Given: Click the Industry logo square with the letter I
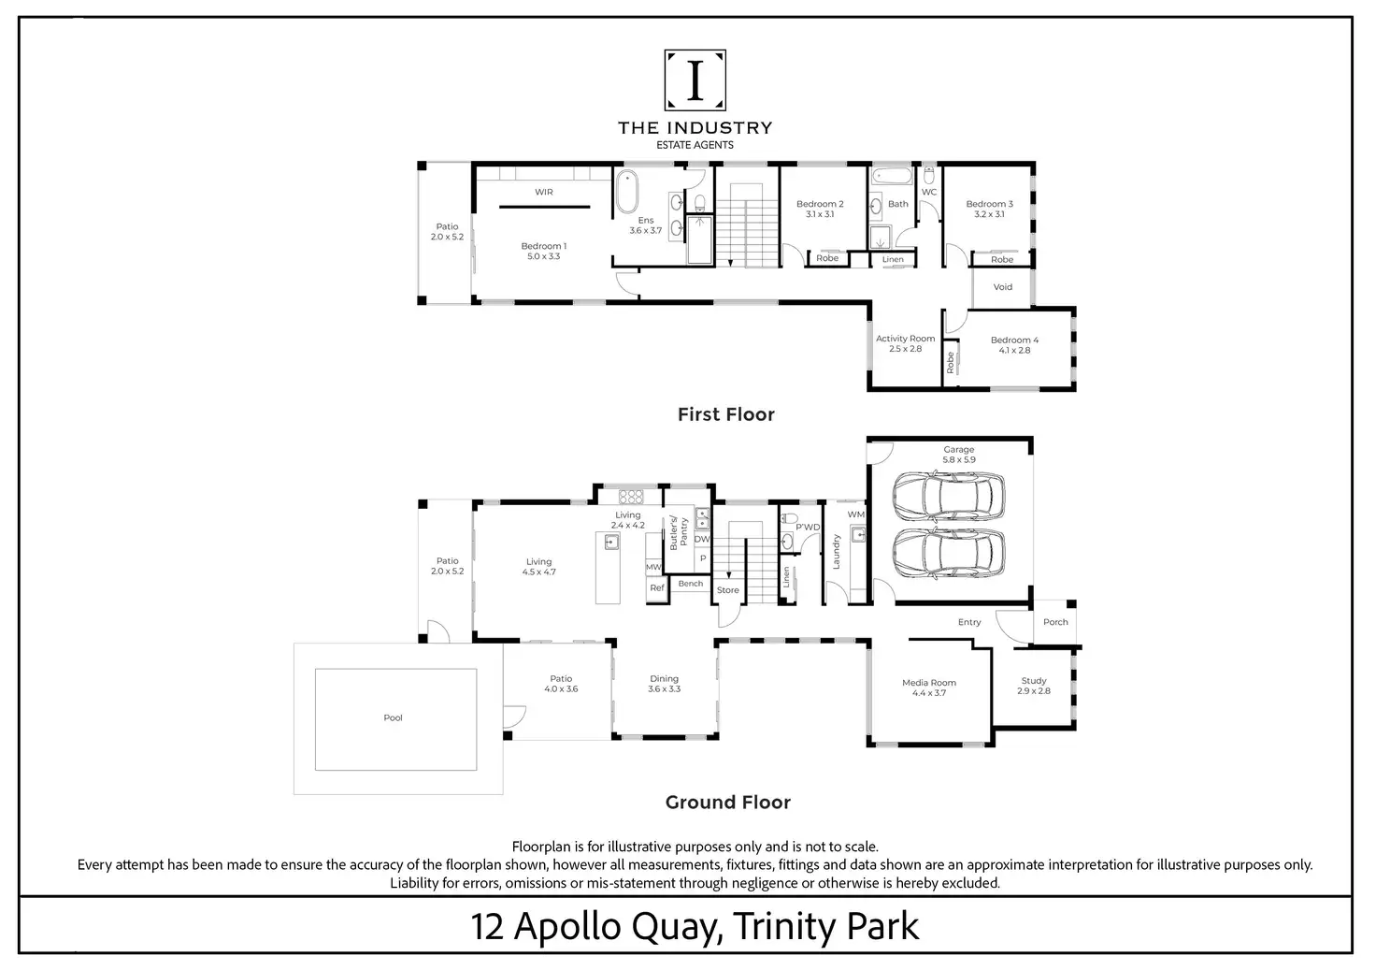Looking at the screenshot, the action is coord(695,80).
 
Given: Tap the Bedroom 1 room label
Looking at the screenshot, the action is coord(544,246).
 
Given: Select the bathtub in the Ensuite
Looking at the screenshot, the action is coord(627,192).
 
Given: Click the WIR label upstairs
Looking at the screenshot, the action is coord(544,192).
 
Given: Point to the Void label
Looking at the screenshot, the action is coord(1002,286).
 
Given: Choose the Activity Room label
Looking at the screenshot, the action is coord(906,338).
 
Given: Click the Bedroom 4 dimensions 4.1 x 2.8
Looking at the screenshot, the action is coord(1014,351).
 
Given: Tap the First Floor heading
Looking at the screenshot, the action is coord(726,414).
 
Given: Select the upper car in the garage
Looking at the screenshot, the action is coord(949,497).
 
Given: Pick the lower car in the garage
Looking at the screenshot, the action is coord(949,553).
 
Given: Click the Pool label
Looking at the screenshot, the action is coord(394,717).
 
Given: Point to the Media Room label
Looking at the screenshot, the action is coord(929,682).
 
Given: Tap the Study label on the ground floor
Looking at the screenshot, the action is coord(1034,680).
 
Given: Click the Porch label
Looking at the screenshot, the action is coord(1055,621).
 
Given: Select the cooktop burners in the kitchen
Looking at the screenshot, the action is coord(631,497).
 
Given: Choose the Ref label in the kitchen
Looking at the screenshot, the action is coord(657,587).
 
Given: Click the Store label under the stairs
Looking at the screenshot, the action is coord(728,590).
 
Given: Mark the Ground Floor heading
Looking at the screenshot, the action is coord(728,803).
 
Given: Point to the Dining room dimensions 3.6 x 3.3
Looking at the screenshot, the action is coord(664,689).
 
